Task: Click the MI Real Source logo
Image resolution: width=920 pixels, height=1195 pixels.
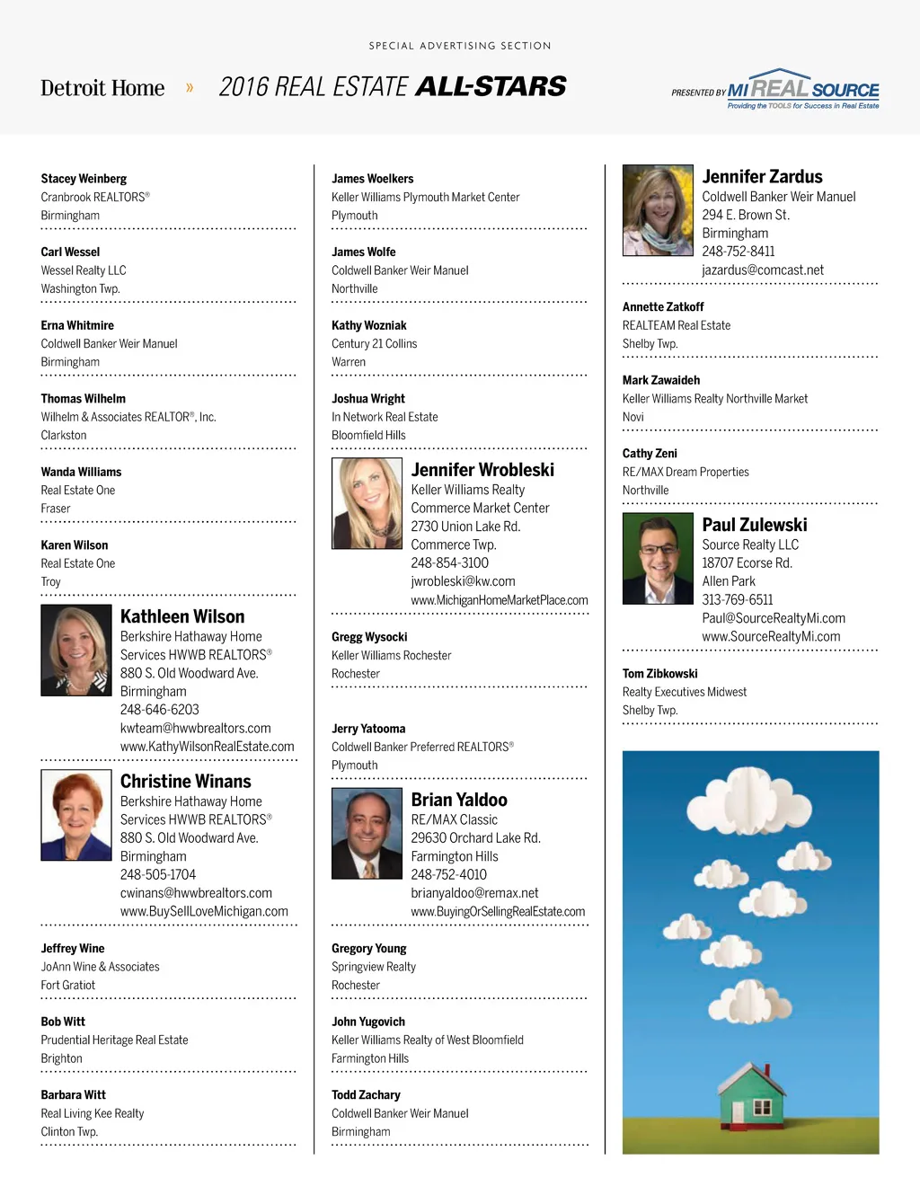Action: [x=802, y=90]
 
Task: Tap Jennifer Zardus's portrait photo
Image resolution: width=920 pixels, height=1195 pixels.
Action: [x=658, y=210]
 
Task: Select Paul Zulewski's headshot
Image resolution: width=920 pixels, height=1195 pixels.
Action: [x=658, y=558]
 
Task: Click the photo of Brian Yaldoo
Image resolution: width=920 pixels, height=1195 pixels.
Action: [x=367, y=833]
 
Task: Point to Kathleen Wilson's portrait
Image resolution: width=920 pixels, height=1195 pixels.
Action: [x=76, y=651]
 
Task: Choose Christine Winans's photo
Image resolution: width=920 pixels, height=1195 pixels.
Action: [x=76, y=815]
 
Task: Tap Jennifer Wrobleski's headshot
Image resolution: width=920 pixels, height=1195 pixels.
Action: [x=367, y=503]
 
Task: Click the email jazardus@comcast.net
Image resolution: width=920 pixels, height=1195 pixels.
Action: [x=763, y=270]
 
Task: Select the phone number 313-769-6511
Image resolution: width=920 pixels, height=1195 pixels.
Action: [x=737, y=599]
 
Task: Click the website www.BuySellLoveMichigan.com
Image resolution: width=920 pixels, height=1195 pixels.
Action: [x=204, y=911]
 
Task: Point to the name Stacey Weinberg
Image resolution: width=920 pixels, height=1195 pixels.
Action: [x=84, y=179]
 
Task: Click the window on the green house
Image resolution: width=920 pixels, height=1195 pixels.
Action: [x=762, y=1106]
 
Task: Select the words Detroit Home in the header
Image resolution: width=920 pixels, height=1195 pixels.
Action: [x=102, y=88]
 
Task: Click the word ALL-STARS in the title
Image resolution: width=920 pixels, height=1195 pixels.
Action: [x=491, y=86]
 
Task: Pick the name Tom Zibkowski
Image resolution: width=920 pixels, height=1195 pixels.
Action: [x=659, y=674]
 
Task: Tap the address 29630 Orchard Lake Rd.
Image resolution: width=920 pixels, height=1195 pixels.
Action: [x=475, y=837]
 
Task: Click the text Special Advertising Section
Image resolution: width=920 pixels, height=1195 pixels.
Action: [x=460, y=46]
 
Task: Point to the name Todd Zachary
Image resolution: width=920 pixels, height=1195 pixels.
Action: [x=366, y=1094]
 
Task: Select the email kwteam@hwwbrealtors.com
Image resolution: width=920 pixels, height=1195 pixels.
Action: [x=195, y=728]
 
